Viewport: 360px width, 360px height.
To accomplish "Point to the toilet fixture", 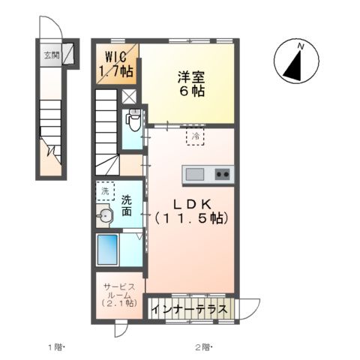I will (133, 118).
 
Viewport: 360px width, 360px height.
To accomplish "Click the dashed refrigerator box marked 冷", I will (195, 136).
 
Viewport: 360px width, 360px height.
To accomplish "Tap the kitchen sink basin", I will (196, 175).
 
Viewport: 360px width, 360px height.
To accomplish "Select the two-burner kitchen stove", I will (223, 175).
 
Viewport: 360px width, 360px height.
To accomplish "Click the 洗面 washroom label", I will (128, 205).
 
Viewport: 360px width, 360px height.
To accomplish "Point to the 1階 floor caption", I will (58, 346).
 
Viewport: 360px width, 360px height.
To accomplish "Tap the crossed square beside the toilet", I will (130, 96).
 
